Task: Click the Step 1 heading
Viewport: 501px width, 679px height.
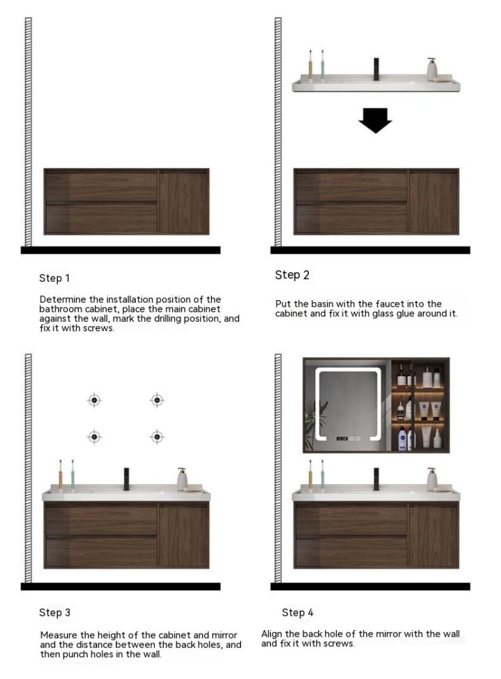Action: (x=54, y=278)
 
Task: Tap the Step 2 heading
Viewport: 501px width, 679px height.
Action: (x=293, y=274)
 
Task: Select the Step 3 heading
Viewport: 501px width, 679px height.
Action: (x=54, y=612)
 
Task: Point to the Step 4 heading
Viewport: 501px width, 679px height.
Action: (x=297, y=612)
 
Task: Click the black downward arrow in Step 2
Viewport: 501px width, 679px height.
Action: (x=375, y=120)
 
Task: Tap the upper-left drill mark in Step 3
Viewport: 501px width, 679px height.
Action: (x=94, y=400)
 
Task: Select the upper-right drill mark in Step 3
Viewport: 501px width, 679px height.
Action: (x=157, y=400)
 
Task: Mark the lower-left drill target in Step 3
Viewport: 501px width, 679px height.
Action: (x=94, y=437)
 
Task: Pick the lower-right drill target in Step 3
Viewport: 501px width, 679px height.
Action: (x=157, y=437)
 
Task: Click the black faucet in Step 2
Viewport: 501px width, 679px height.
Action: (x=376, y=69)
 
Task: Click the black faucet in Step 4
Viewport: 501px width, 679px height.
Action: (x=376, y=479)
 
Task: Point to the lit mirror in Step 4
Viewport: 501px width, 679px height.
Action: (x=348, y=405)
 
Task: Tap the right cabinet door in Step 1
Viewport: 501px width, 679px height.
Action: (x=183, y=202)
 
